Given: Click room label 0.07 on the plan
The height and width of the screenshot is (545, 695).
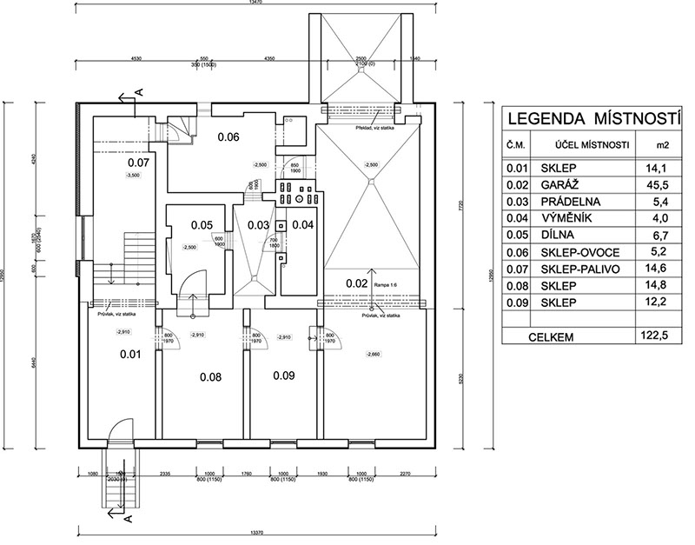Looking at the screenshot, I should click(x=139, y=163).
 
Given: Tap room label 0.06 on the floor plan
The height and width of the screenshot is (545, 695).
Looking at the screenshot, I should click(x=228, y=136).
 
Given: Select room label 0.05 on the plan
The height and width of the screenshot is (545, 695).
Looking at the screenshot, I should click(x=202, y=225).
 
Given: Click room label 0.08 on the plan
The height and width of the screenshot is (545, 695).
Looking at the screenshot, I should click(x=211, y=377).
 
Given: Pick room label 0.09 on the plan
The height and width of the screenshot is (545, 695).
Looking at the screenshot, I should click(x=283, y=376).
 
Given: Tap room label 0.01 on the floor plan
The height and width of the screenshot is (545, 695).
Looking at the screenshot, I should click(x=129, y=354).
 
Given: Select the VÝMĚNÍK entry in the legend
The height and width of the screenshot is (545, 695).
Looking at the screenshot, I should click(x=579, y=219).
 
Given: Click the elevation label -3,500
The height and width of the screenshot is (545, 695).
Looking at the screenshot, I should click(x=133, y=176).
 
